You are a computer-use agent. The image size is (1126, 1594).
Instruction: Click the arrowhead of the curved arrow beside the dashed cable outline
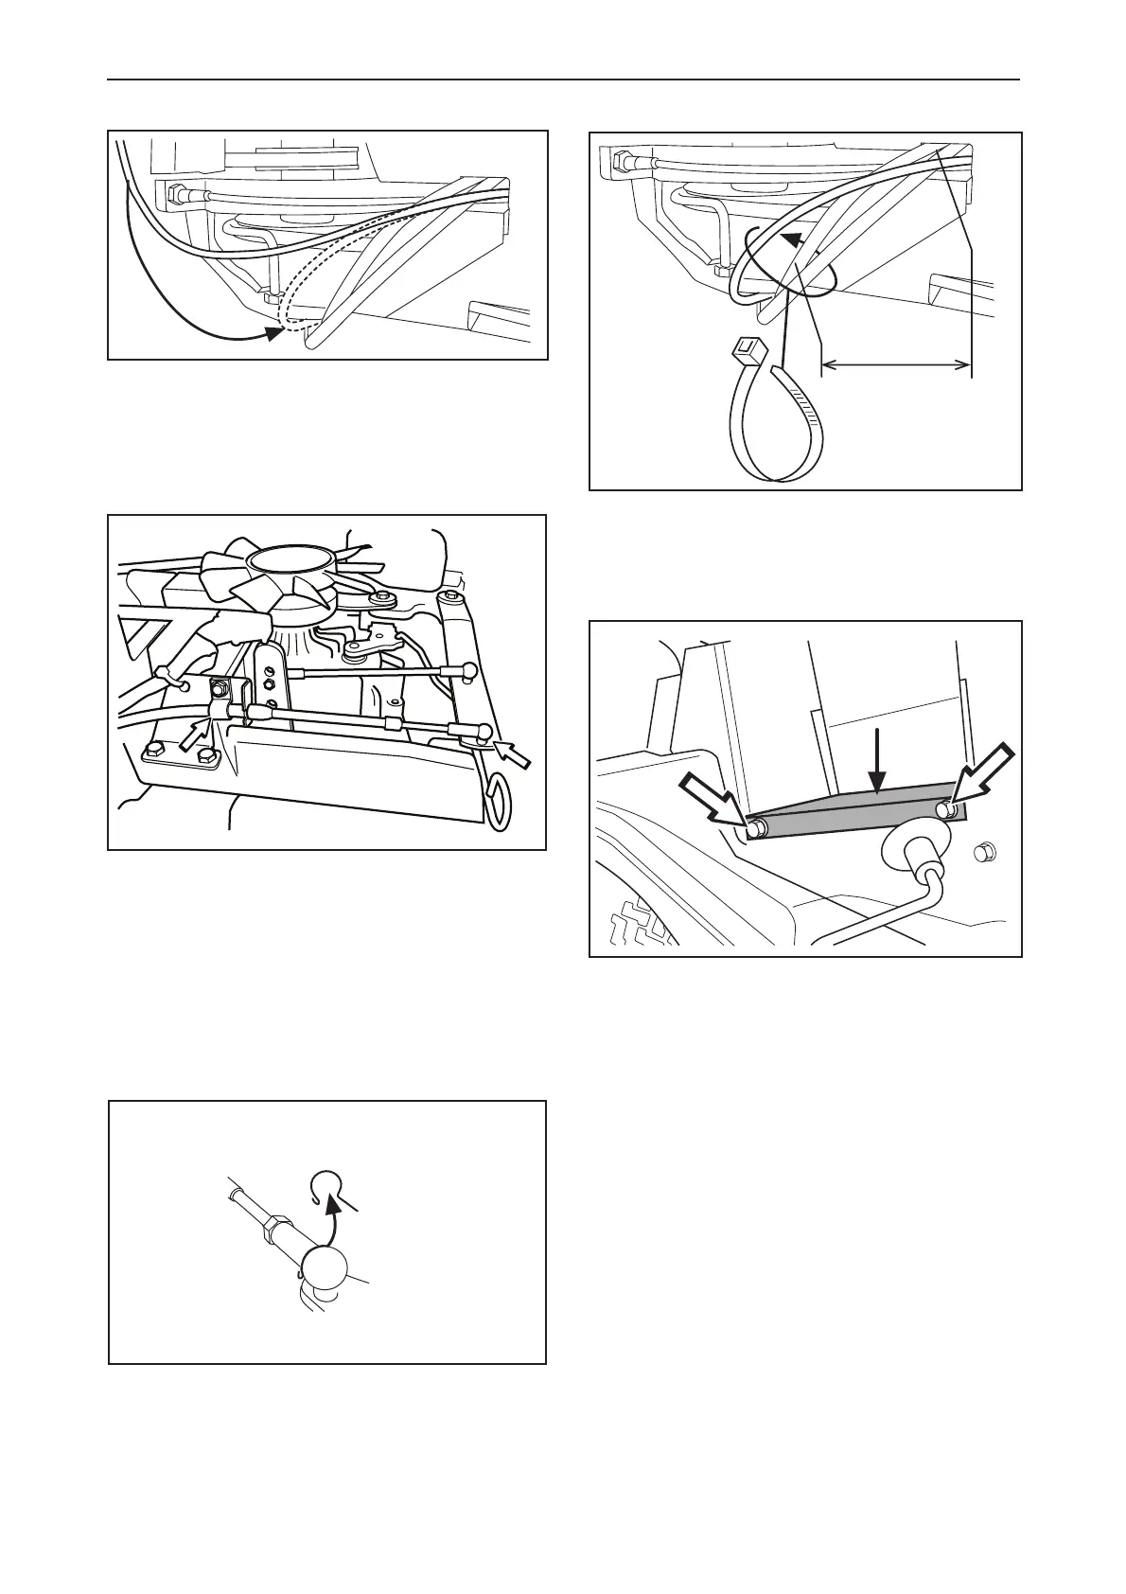(x=275, y=333)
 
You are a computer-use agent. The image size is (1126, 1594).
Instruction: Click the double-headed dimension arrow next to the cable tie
(x=896, y=364)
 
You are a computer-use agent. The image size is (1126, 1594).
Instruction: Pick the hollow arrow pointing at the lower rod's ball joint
(x=517, y=753)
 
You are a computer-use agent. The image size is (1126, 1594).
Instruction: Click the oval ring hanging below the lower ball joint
(x=498, y=791)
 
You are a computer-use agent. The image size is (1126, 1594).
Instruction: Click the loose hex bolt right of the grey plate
(x=984, y=854)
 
